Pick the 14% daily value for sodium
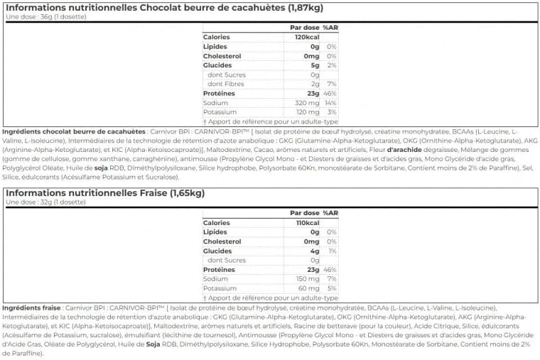click(330, 102)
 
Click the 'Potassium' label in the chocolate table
click(220, 111)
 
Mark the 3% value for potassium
click(332, 111)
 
